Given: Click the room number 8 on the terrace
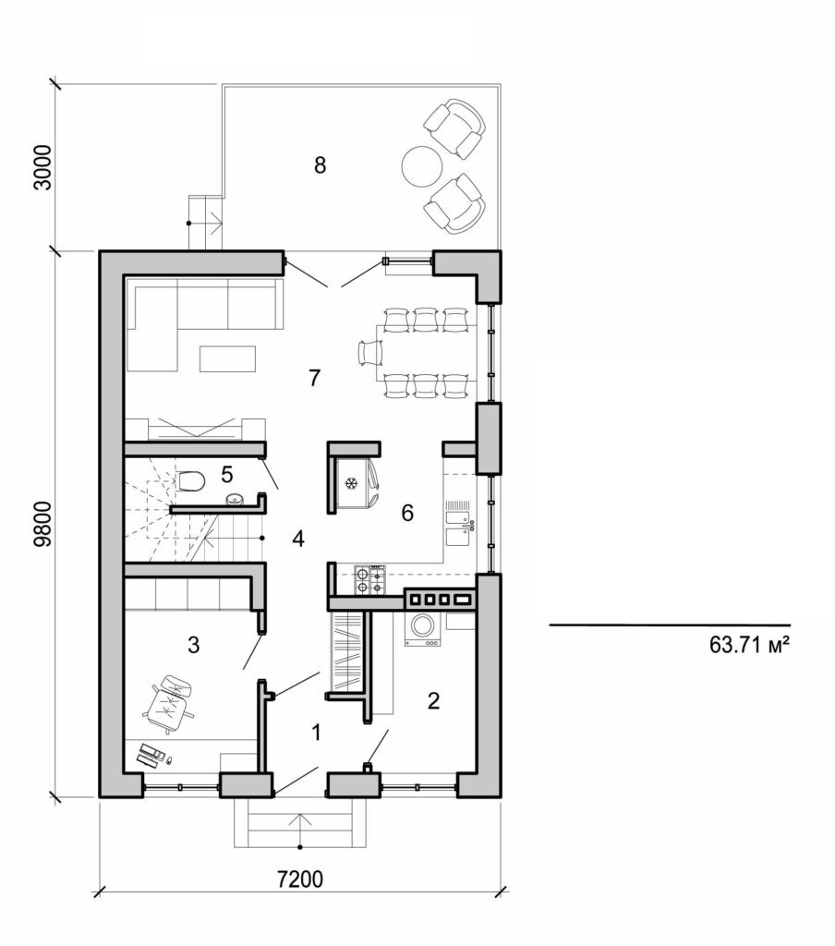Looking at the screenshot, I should point(320,165).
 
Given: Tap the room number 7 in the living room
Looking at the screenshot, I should point(314,377).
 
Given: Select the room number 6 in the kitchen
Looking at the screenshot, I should point(407,514).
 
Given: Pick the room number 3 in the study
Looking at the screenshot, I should point(193,645).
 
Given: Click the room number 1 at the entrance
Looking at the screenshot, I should point(316,734).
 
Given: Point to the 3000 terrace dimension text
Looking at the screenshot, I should point(42,167).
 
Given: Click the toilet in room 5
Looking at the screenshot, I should point(189,483).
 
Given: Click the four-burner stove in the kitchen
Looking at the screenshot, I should point(369,579).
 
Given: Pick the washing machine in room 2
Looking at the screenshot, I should point(424,628).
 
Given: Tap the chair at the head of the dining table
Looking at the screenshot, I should point(371,351).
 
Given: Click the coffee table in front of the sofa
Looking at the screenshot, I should point(227,357).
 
